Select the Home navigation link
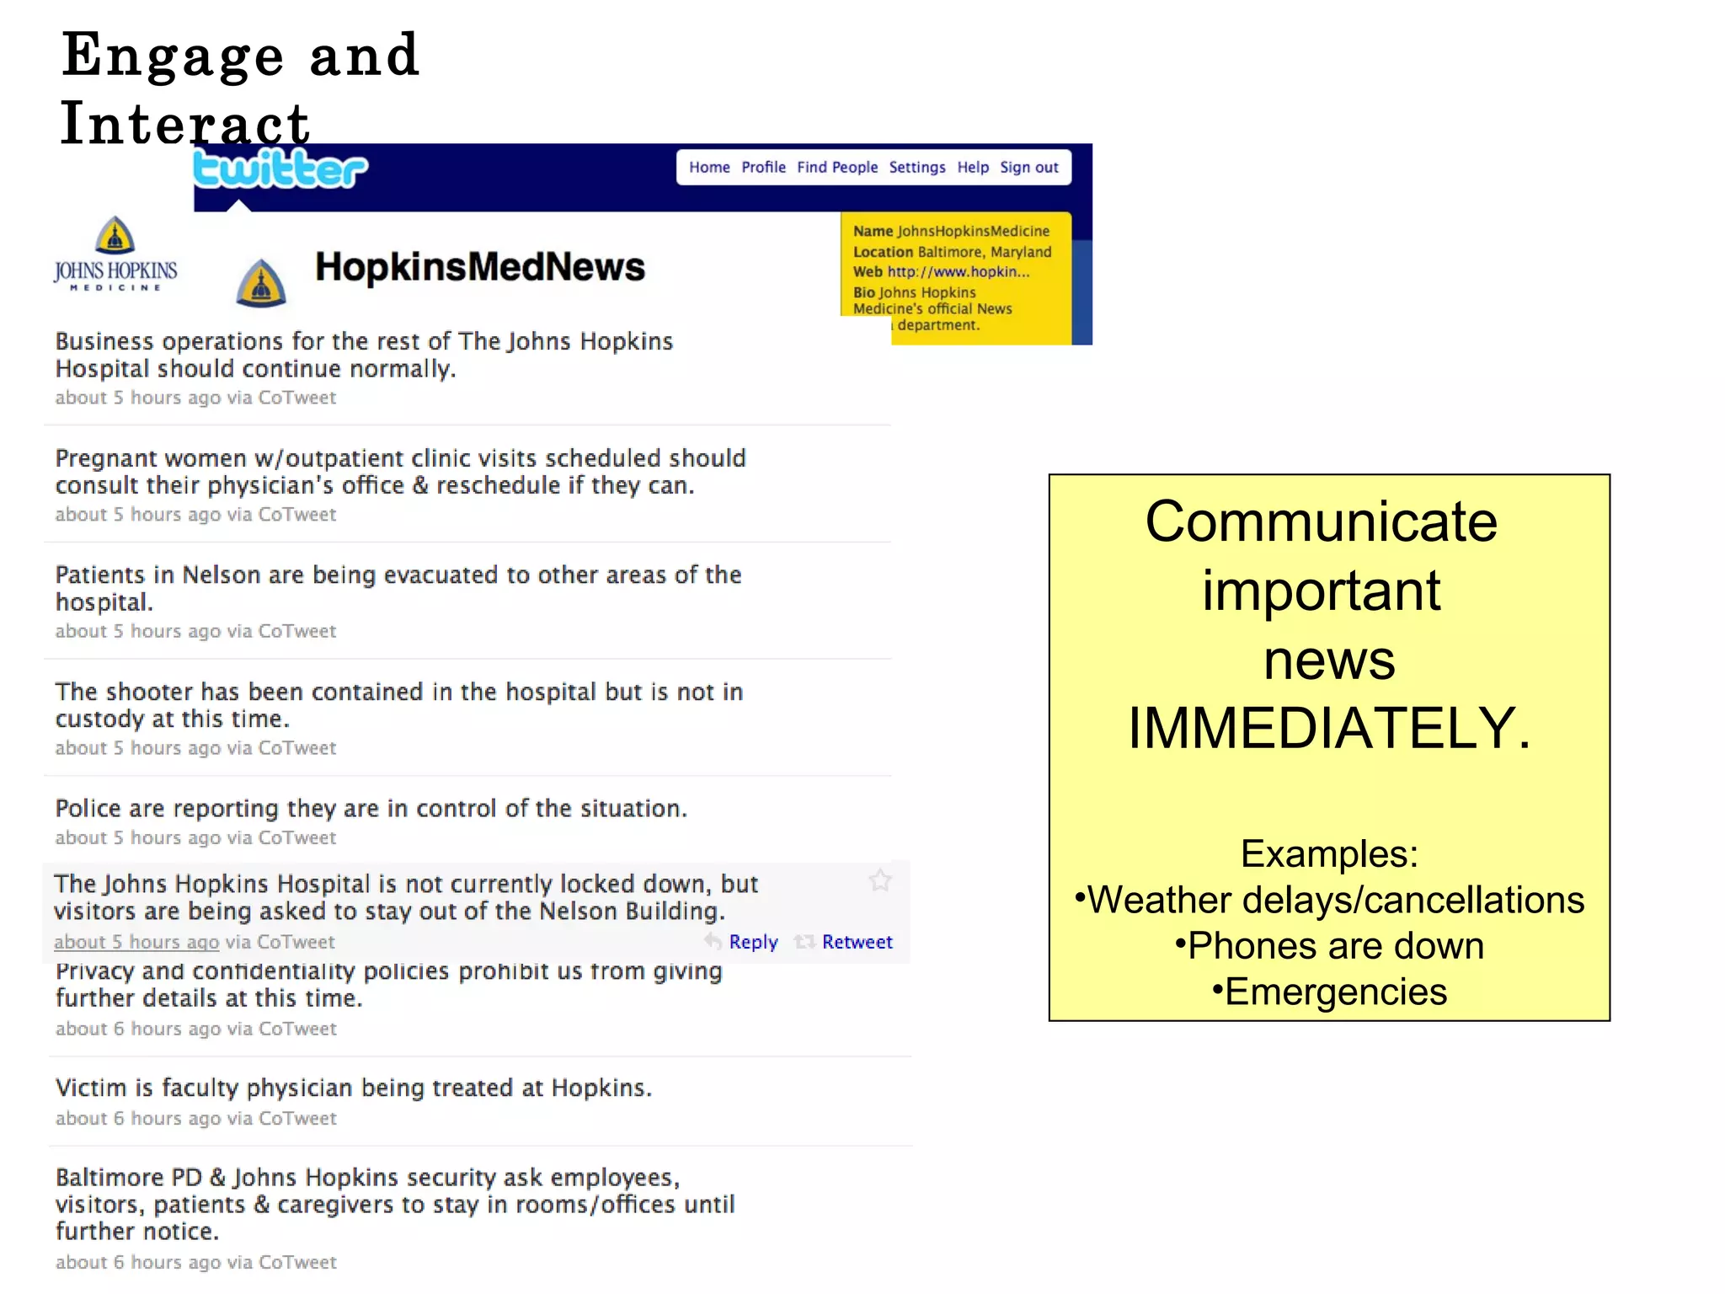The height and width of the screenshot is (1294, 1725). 709,168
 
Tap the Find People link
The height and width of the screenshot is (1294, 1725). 837,168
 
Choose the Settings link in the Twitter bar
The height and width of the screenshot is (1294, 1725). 917,168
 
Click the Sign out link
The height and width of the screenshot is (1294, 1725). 1028,168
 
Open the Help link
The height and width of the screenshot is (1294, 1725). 973,168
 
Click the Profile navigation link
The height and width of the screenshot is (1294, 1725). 763,168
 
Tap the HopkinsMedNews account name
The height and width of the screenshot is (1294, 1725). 480,267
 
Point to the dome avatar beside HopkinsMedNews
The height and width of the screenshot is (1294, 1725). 261,283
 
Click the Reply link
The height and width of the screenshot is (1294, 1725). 753,942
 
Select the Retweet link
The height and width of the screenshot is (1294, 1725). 857,942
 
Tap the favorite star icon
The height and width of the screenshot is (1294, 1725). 880,880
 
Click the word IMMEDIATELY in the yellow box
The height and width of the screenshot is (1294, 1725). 1328,728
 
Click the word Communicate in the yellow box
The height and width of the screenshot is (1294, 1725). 1322,522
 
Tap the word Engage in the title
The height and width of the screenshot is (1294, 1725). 174,56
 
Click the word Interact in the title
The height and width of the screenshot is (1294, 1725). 186,124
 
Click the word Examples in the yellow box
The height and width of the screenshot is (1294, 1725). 1329,854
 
